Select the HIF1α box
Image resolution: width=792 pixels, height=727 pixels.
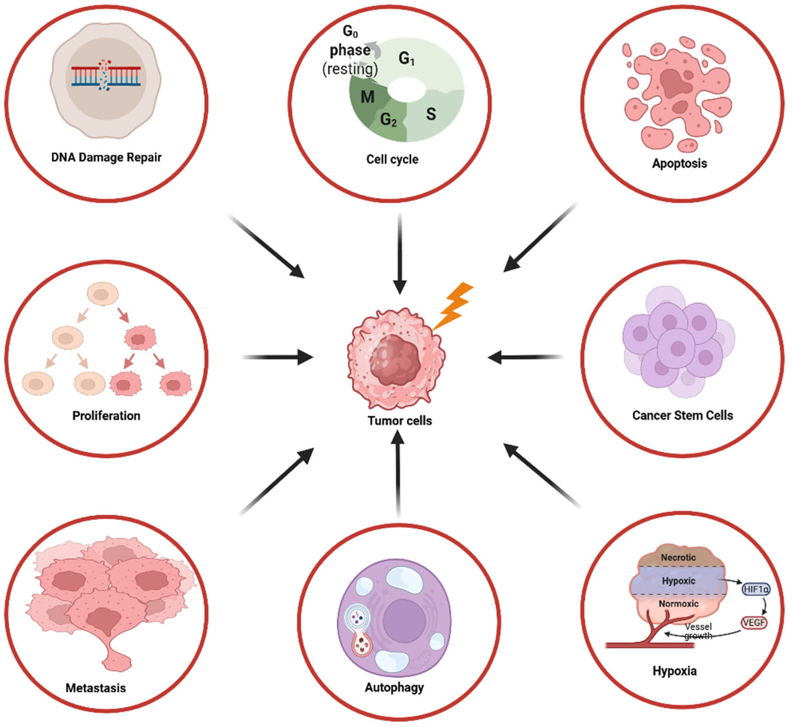[x=755, y=589]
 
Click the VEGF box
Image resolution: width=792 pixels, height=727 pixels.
[x=754, y=623]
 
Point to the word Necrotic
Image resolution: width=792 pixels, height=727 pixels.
[x=678, y=557]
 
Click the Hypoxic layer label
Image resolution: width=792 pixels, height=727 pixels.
[x=678, y=581]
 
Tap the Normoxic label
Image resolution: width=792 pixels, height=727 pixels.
[x=678, y=604]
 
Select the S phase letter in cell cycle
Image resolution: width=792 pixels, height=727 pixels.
[x=431, y=114]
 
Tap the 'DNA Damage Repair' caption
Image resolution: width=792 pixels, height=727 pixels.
[x=106, y=157]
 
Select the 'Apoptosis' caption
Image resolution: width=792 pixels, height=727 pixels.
[x=679, y=163]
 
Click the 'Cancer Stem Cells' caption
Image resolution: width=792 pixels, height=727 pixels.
[x=682, y=415]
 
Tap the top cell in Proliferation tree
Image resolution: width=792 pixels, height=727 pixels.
[x=103, y=294]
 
